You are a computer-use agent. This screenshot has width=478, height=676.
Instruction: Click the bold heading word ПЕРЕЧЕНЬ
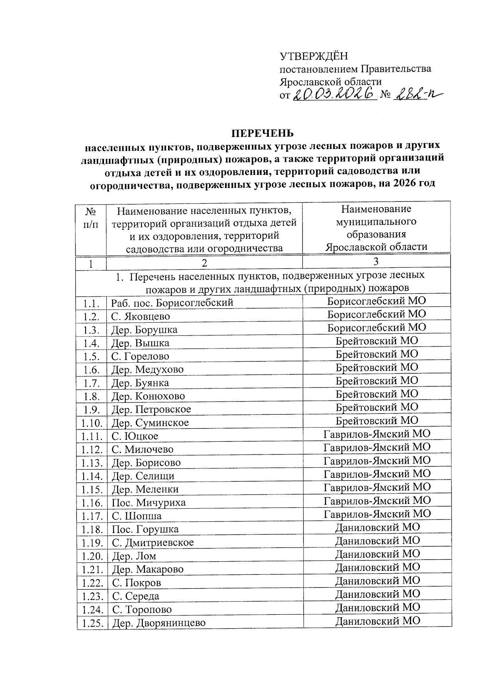(x=263, y=133)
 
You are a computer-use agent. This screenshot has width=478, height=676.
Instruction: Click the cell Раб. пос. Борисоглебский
(x=172, y=303)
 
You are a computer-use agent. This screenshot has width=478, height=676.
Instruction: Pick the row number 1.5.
(x=91, y=356)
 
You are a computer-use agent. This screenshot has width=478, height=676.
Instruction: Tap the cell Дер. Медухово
(x=147, y=369)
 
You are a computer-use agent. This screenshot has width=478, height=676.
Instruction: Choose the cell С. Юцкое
(x=135, y=436)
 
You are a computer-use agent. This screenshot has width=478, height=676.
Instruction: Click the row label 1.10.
(x=92, y=423)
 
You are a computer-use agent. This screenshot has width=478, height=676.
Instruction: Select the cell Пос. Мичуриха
(x=149, y=502)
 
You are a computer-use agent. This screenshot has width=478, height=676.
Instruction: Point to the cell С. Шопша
(x=137, y=516)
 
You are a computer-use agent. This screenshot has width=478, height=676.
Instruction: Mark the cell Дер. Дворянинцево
(x=159, y=623)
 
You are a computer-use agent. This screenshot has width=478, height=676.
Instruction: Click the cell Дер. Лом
(x=134, y=556)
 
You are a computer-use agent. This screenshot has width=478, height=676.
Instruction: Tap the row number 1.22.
(x=92, y=582)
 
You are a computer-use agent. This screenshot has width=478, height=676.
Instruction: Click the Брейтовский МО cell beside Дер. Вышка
(x=377, y=341)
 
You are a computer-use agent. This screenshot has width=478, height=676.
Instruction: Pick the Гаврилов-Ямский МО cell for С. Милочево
(x=377, y=447)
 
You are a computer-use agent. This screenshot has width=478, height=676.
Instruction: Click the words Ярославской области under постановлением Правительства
(x=330, y=81)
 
